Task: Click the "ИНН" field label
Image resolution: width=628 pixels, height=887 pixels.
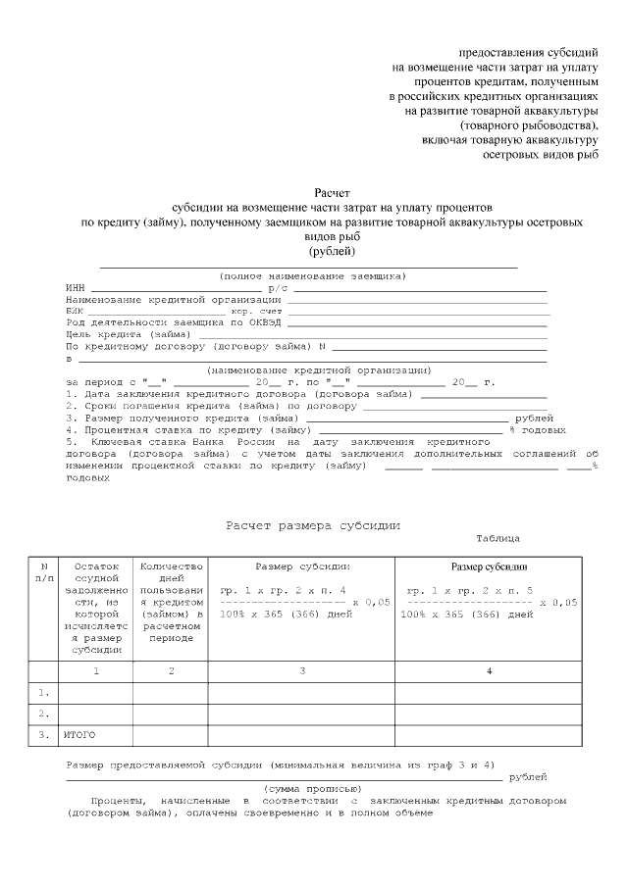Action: tap(76, 288)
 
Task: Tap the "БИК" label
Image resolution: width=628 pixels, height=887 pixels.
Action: tap(76, 311)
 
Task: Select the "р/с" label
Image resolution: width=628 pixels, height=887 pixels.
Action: tap(278, 288)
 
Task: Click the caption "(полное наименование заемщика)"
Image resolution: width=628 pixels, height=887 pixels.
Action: tap(312, 276)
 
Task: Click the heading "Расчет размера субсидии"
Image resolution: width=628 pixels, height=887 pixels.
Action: tap(314, 525)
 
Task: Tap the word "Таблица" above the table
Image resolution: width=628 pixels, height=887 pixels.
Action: tap(498, 539)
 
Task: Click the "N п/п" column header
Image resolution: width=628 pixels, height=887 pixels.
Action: tap(44, 572)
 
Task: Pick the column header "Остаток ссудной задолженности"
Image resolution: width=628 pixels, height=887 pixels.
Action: tap(95, 607)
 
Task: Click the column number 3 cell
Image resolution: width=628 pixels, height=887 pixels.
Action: tap(301, 671)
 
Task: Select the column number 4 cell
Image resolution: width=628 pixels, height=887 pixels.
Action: tap(489, 671)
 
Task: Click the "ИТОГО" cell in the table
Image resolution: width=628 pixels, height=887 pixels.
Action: tap(81, 734)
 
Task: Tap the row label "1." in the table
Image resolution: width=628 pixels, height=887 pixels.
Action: tap(44, 692)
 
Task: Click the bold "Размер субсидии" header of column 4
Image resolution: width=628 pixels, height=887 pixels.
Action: tap(489, 567)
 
